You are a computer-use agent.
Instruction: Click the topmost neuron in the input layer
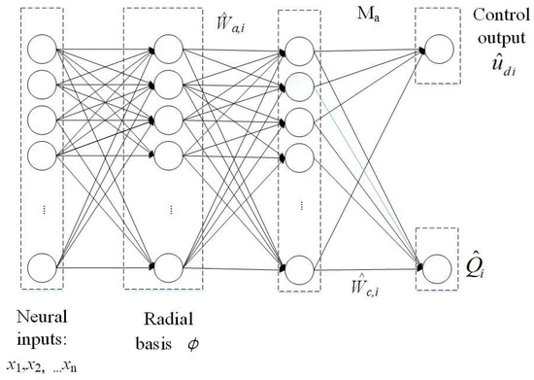(x=42, y=48)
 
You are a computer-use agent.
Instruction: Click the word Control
(x=497, y=16)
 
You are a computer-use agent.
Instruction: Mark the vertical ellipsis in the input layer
(x=42, y=208)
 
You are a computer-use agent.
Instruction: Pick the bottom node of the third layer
(x=296, y=262)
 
